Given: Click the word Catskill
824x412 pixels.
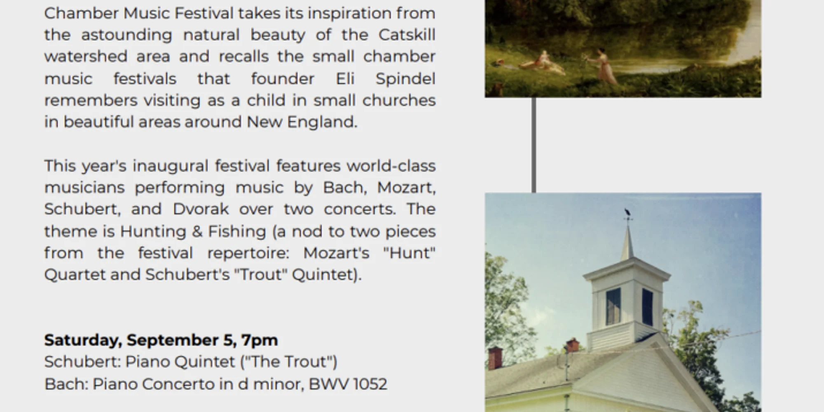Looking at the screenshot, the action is point(407,35).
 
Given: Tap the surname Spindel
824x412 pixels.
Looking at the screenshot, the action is point(405,79).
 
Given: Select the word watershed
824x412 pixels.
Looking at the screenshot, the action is point(86,56).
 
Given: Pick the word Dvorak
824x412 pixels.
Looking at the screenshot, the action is point(201,209).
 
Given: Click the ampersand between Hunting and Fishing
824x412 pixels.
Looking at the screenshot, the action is point(197,232).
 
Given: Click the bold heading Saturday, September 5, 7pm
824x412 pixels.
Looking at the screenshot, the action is point(161,340).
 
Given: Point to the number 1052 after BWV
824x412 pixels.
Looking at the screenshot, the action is point(369,384).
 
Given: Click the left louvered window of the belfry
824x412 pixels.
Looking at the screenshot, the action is point(613,306).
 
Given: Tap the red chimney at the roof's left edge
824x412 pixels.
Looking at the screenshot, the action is point(496,358).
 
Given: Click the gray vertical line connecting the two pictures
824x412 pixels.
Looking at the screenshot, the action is point(534,145).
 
